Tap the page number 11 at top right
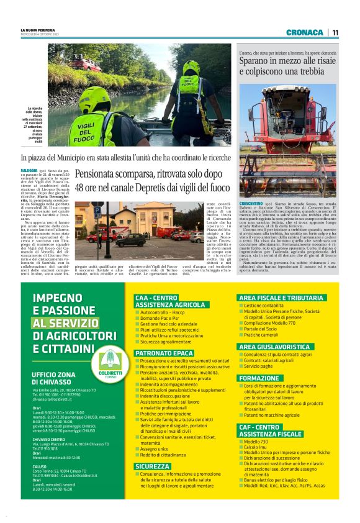(335, 32)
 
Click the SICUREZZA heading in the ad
(152, 466)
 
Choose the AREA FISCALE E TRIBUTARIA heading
(281, 298)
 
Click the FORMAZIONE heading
(259, 378)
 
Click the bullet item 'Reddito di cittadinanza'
(163, 455)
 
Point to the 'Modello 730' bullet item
(257, 442)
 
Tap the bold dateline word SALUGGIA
(29, 170)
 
